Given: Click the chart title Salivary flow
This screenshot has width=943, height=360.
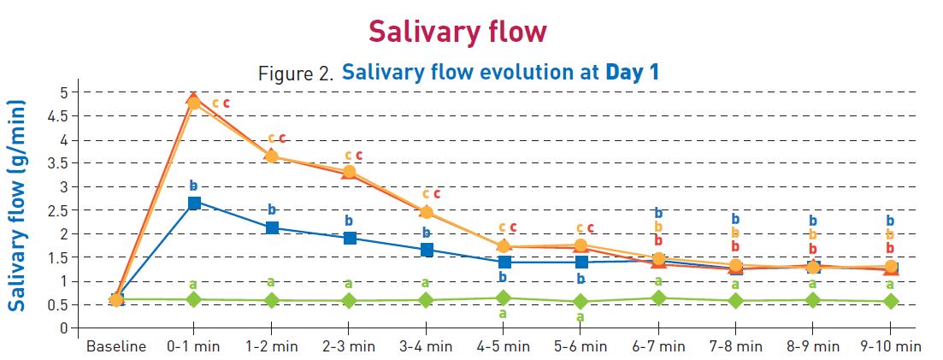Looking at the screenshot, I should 457,31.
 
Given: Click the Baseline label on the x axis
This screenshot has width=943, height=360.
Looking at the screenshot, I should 115,346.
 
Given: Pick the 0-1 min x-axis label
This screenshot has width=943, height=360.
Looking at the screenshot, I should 193,346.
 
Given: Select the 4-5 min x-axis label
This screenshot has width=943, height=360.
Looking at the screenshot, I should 504,346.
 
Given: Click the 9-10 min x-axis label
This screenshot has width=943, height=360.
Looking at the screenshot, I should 890,346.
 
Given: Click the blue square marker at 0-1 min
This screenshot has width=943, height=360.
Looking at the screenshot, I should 194,203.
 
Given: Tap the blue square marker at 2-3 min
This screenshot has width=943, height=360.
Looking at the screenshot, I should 349,238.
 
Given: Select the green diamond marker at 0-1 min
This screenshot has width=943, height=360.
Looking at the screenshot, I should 194,299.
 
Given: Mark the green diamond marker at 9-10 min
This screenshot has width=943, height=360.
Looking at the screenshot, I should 890,301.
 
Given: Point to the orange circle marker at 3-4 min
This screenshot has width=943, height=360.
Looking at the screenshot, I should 427,212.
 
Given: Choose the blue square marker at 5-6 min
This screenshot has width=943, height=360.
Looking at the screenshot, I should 581,262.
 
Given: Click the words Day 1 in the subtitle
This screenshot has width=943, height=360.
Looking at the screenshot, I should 633,72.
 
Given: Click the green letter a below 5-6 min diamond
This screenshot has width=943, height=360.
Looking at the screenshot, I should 581,316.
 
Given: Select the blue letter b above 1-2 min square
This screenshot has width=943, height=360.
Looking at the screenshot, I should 272,210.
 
